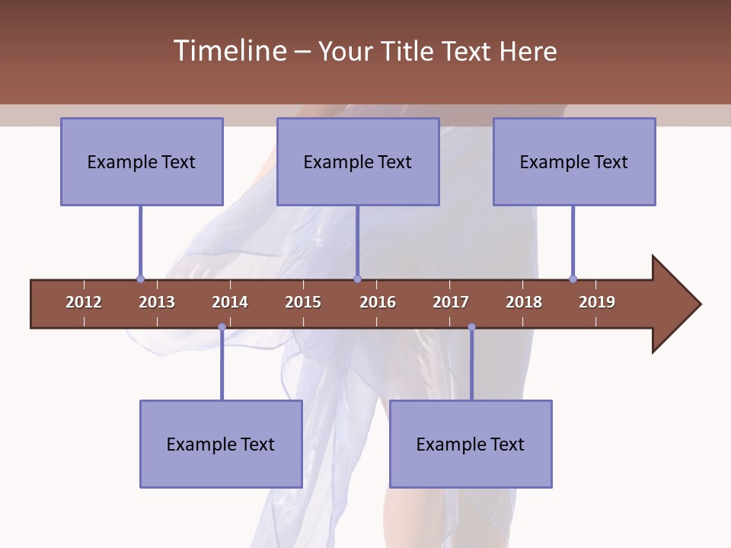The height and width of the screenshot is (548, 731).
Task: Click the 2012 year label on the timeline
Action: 84,302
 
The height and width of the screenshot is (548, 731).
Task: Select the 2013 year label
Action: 157,302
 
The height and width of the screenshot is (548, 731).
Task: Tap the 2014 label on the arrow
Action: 230,302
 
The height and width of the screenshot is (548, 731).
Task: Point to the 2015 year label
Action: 303,302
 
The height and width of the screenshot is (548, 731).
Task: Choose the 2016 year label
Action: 378,302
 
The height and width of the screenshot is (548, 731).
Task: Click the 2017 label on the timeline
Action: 451,302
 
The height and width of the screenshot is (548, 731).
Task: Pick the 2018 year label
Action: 524,302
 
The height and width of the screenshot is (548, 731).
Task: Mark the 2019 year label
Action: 597,302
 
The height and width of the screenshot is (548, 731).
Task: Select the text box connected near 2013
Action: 142,161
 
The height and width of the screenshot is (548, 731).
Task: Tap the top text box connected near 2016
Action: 358,161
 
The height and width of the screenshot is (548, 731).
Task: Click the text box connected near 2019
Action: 574,161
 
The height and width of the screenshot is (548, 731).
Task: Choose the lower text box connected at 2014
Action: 221,444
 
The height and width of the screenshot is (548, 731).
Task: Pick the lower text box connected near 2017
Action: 471,444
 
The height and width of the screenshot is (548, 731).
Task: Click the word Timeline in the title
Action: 229,51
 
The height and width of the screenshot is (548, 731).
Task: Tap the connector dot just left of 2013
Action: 140,279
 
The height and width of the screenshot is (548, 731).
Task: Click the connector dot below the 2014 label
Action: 222,327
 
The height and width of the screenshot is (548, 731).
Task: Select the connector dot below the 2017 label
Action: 471,327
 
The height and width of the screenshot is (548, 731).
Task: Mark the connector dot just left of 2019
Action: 573,279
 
